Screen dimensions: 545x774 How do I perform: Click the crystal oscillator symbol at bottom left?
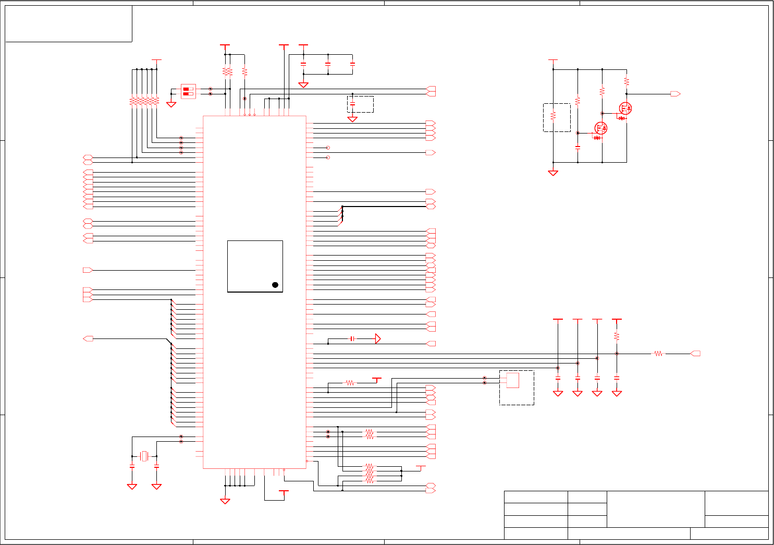pos(144,456)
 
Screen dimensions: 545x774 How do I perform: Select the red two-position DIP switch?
pos(188,91)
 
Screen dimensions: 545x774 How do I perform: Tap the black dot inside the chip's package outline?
pos(275,285)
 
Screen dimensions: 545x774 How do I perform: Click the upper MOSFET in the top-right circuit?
pos(625,108)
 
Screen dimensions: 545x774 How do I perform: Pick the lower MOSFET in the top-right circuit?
pos(601,128)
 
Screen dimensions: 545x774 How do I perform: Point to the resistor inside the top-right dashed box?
pos(553,116)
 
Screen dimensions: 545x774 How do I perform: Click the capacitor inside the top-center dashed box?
pos(352,104)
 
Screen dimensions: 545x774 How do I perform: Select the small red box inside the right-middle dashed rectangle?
pos(512,380)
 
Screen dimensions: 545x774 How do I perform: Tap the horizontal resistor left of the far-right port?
pos(659,354)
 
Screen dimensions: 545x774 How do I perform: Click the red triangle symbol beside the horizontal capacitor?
pos(378,339)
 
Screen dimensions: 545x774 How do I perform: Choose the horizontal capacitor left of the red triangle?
pos(352,339)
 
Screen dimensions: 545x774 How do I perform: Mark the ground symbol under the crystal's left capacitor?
pos(132,486)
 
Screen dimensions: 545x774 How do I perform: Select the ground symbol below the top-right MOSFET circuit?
pos(553,173)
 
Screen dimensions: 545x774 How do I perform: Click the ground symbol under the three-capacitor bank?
pos(303,84)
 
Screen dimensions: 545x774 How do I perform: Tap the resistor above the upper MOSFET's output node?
pos(626,82)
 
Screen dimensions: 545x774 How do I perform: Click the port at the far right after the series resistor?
pos(695,354)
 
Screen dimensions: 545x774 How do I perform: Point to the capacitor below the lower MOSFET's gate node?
pos(578,147)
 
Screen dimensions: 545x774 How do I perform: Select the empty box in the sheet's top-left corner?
pos(68,23)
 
